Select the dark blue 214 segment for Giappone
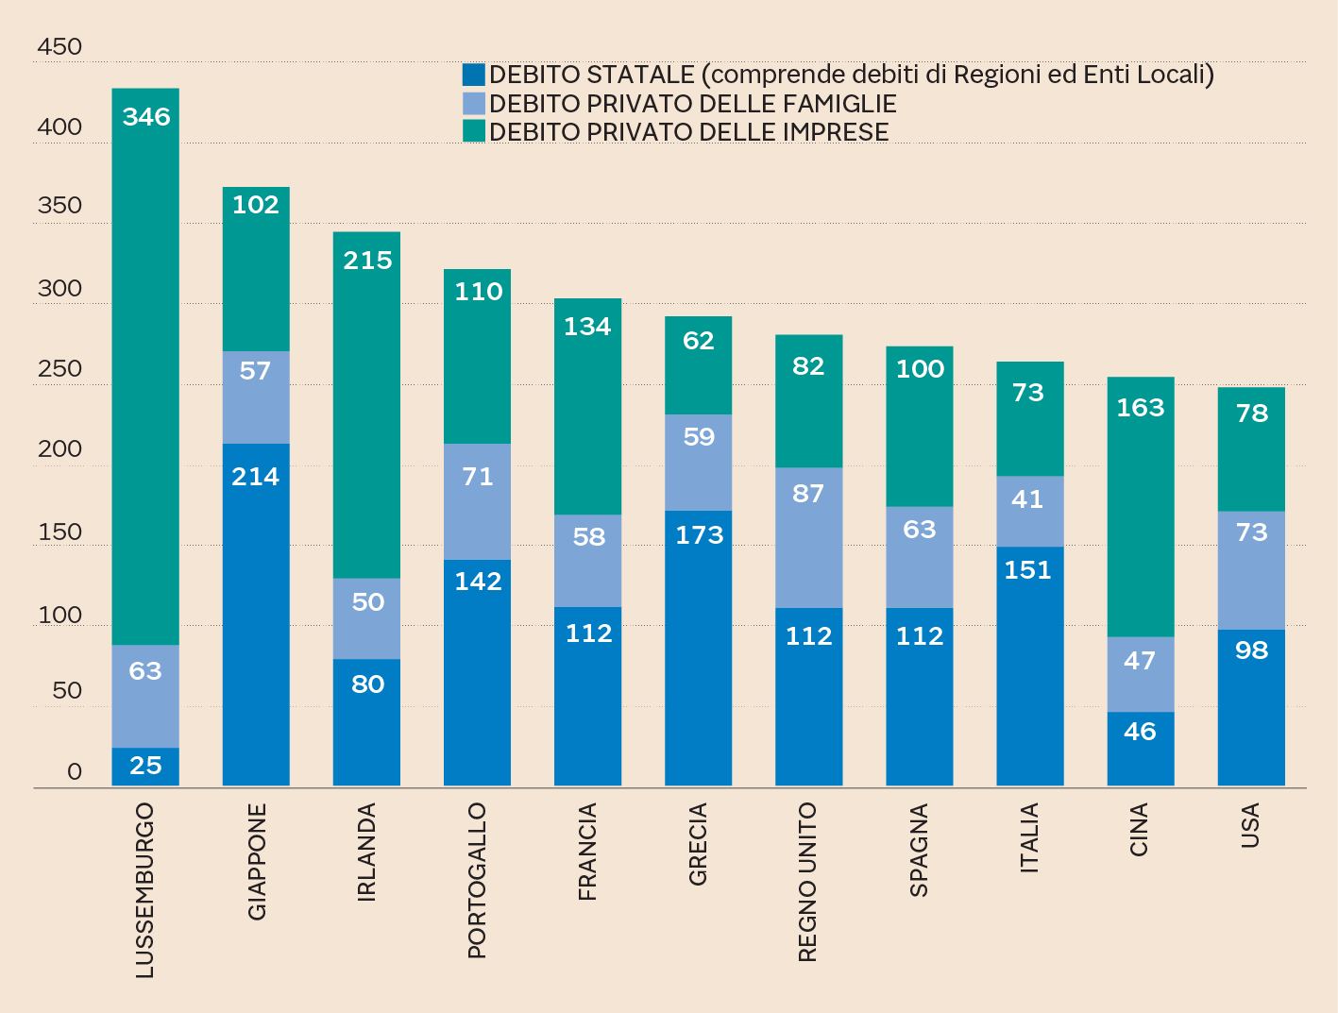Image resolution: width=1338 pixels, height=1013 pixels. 256,614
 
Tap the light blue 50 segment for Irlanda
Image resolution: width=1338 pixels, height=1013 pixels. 366,618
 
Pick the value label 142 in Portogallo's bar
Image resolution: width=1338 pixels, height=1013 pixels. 478,582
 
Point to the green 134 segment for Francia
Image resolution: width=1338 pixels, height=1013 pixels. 587,406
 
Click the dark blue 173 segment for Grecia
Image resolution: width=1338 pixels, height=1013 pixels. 699,648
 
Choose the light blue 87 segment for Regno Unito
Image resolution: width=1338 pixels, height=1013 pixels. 809,537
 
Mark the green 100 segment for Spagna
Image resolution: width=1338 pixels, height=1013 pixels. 920,426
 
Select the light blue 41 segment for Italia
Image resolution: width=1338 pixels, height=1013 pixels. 1030,511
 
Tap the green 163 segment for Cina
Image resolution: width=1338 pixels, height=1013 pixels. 1141,507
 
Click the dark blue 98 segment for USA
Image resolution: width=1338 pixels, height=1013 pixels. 1251,707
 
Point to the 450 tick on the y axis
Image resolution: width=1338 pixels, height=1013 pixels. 59,46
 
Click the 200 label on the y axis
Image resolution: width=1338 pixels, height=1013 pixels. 59,448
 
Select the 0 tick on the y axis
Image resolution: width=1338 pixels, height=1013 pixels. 75,771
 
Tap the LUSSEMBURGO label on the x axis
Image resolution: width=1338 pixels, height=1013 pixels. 144,890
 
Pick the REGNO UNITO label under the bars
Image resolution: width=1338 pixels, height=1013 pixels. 807,883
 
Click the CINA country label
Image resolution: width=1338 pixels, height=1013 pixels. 1140,830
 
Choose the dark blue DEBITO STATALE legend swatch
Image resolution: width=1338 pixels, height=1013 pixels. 474,75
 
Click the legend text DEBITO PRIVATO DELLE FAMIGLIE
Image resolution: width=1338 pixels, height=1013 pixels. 692,104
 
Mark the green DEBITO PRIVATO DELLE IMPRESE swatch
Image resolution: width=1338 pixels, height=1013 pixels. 474,131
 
